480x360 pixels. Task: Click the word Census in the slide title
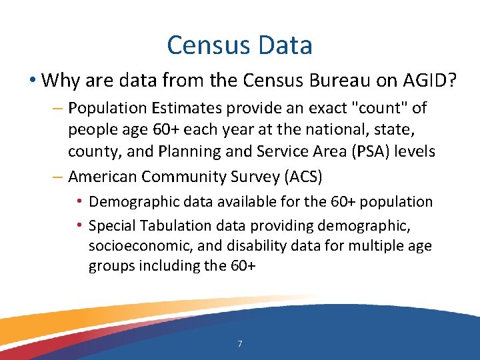coord(205,45)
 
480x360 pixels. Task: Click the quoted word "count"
coord(383,108)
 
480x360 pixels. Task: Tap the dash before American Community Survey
coord(57,177)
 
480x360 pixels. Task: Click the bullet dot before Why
coord(31,81)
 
